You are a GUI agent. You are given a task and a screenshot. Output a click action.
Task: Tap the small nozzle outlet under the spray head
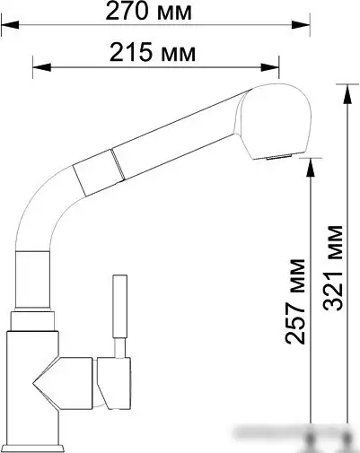[x=277, y=158]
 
